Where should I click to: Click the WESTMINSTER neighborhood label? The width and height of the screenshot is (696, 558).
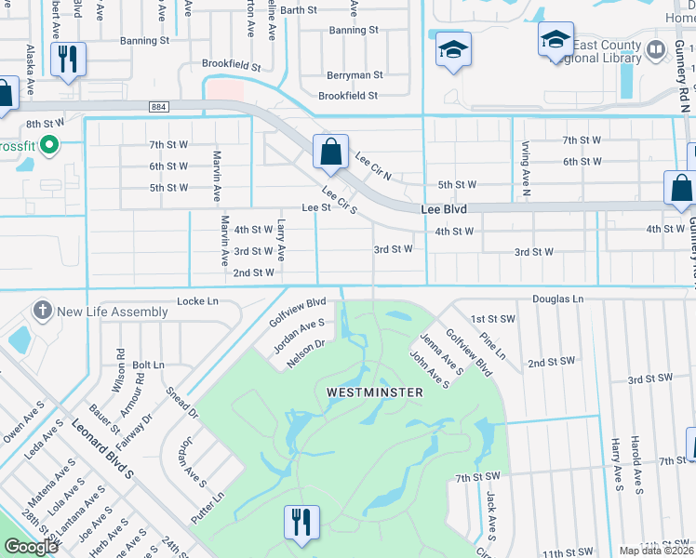375,392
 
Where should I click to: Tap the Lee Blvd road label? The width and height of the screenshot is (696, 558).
443,210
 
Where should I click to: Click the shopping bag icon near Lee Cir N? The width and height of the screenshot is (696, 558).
330,152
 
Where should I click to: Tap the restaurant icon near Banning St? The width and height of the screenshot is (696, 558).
68,60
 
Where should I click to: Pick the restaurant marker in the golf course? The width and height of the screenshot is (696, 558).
301,523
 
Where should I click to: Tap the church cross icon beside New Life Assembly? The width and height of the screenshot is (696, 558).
41,310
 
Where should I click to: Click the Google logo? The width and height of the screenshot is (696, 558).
32,547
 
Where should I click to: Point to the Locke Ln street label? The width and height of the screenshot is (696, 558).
197,301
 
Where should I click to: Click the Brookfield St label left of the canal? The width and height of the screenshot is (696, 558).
231,65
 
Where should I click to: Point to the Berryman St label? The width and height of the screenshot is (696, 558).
355,75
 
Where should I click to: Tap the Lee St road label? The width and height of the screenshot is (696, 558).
315,208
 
